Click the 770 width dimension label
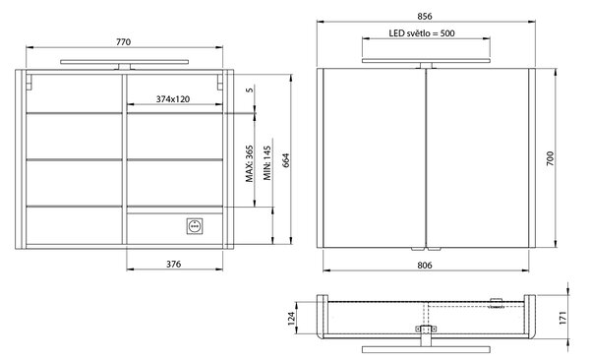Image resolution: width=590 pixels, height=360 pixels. (x=124, y=41)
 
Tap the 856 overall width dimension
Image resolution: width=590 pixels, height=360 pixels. (x=425, y=16)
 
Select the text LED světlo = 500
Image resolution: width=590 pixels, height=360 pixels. (x=422, y=33)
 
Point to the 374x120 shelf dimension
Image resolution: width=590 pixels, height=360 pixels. (x=173, y=99)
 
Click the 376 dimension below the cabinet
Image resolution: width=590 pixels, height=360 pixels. (x=174, y=264)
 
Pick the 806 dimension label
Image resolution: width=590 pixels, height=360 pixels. (x=425, y=266)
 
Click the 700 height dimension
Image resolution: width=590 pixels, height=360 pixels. (x=550, y=158)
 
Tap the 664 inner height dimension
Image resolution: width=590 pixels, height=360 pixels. (x=285, y=160)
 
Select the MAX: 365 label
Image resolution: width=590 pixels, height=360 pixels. (x=250, y=163)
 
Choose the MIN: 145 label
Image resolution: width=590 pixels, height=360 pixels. (x=267, y=163)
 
